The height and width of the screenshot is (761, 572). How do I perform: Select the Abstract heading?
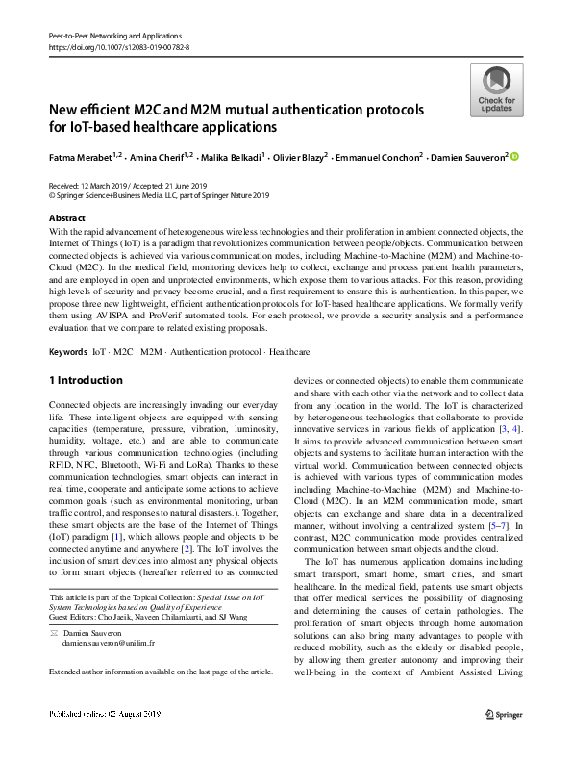(66, 218)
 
